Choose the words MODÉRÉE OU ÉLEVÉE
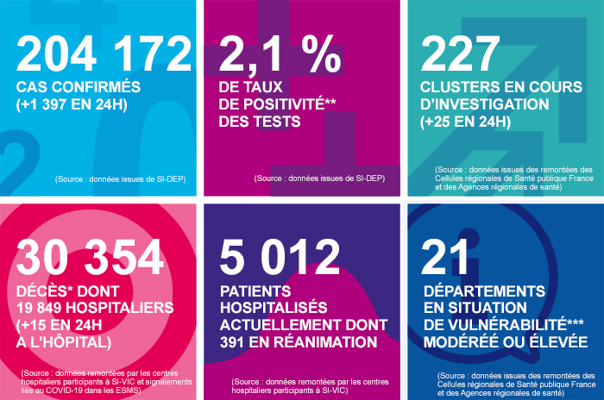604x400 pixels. [505, 343]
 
